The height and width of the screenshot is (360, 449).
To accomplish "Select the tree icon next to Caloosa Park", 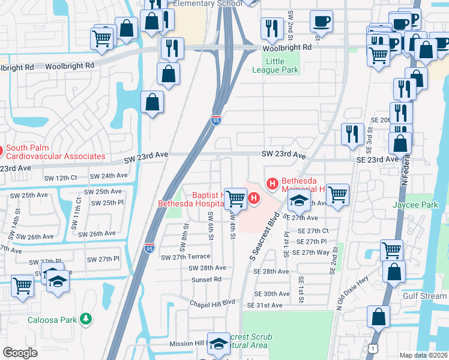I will coord(86,319).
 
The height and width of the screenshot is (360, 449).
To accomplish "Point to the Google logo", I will coord(20,353).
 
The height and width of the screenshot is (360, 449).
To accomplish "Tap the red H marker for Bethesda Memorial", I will coord(272,182).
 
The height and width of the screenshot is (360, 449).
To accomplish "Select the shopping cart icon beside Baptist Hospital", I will coord(237,198).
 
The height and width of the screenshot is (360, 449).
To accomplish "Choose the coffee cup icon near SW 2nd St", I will coord(321,21).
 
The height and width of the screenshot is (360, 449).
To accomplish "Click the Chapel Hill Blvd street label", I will coord(212,304).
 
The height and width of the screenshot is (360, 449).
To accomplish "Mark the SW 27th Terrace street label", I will coord(186,257).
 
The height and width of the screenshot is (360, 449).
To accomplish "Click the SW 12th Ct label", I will coord(62,178).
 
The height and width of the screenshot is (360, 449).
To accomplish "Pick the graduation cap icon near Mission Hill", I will coord(219,344).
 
